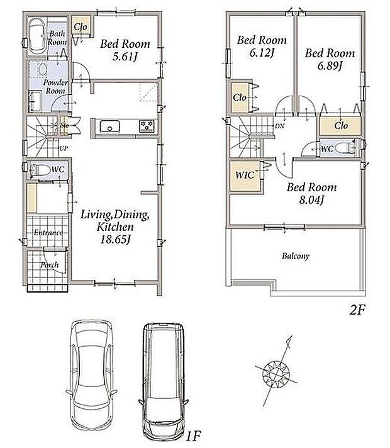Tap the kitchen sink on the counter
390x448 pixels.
click(109, 126)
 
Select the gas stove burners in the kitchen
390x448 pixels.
click(147, 126)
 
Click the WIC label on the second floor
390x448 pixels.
click(245, 175)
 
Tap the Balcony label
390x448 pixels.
click(296, 255)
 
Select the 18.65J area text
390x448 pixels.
click(115, 240)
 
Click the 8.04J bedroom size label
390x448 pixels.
click(311, 199)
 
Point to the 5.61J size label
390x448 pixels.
click(125, 57)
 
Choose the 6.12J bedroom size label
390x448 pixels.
click(262, 53)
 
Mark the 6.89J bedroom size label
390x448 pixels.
click(330, 65)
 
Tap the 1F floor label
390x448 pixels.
click(194, 436)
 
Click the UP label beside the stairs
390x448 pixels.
click(64, 148)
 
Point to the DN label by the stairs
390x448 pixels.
click(279, 126)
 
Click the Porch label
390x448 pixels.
click(50, 265)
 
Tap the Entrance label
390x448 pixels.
click(48, 233)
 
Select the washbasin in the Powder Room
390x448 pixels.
click(43, 69)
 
